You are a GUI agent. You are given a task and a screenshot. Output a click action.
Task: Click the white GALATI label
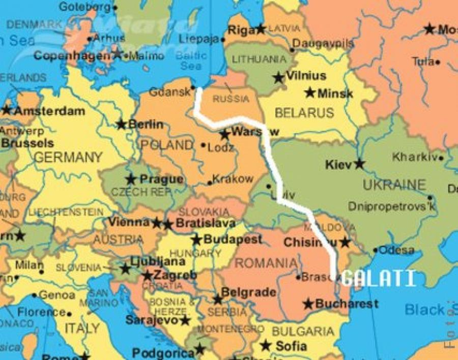coord(378,278)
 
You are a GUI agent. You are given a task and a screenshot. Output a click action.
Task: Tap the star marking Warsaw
coord(224,135)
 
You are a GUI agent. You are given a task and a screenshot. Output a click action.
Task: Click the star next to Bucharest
coord(308,304)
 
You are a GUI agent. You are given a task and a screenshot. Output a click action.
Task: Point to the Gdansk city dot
coord(192,88)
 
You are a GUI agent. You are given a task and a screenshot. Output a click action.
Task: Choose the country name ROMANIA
coord(266,263)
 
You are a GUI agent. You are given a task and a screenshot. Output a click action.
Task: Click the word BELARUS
coord(304,112)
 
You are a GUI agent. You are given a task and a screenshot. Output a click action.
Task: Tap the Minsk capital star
coord(310,93)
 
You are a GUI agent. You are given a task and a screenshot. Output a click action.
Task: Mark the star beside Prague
coord(131,179)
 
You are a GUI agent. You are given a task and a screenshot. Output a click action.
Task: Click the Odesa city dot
coord(375,250)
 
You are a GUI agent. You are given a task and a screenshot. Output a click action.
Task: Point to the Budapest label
coord(233,239)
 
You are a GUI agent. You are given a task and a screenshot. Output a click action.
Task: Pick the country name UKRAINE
coord(394,184)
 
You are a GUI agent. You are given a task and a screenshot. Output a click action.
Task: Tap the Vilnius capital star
coord(278,78)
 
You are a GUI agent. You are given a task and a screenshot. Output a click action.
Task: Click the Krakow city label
coord(233,179)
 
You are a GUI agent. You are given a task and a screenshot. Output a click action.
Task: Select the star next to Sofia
coord(265,346)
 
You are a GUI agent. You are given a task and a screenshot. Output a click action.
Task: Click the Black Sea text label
coord(425,309)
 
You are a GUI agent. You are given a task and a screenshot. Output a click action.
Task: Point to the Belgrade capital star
coord(218,299)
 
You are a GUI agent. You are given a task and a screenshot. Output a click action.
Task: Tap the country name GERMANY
coord(68,157)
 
